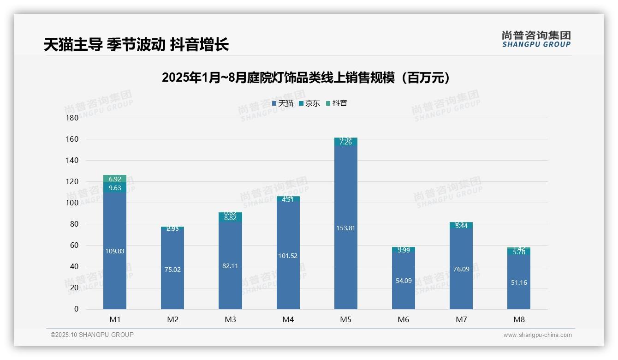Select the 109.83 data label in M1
[x=115, y=251]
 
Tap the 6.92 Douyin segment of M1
[x=115, y=179]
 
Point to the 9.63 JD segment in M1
[x=115, y=188]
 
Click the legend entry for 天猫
[x=282, y=103]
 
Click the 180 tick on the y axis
[x=73, y=118]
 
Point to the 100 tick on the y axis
[x=73, y=203]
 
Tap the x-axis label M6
[x=404, y=319]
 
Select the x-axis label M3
[x=230, y=319]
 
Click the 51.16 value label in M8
[x=519, y=282]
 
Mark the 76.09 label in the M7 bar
[x=461, y=269]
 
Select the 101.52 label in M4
[x=288, y=256]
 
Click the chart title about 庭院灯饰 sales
[x=306, y=78]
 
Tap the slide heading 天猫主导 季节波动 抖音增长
[x=136, y=45]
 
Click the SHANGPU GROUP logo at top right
[x=536, y=39]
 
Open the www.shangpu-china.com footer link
[x=537, y=335]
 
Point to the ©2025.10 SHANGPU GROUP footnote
[x=92, y=335]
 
